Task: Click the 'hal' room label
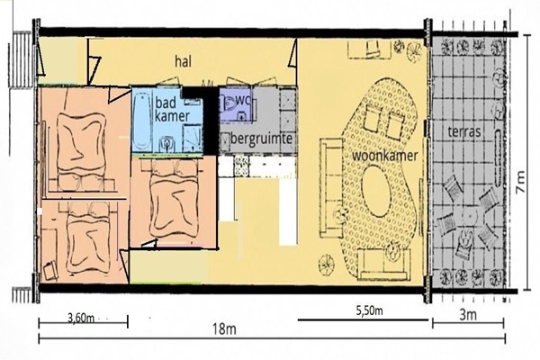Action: pos(183,62)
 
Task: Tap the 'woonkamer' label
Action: pos(384,156)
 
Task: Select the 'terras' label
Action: pos(463,131)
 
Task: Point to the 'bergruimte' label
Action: pos(262,139)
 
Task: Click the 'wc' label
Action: pos(242,101)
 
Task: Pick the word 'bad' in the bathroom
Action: pos(166,103)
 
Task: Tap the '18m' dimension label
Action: pos(224,329)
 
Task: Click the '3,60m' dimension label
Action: pos(81,318)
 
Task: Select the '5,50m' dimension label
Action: pos(369,310)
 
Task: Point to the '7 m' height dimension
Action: pos(520,182)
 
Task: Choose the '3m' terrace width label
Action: pos(468,315)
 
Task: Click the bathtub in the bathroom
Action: pos(141,121)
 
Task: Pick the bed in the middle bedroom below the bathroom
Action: pos(175,200)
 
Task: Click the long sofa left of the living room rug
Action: pos(331,188)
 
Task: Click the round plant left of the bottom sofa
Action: pos(326,265)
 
